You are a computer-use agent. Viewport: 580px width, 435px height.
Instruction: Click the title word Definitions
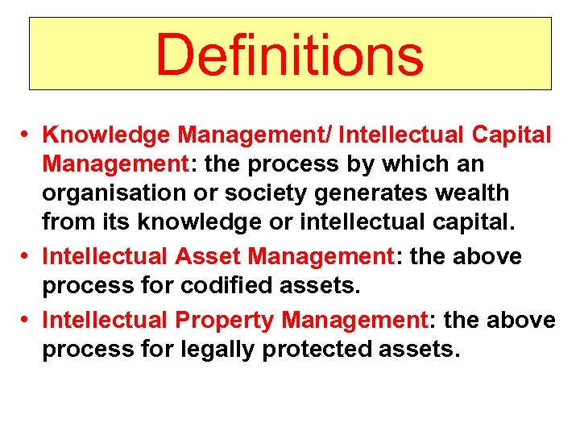click(289, 54)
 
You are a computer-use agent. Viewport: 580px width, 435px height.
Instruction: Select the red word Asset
click(209, 257)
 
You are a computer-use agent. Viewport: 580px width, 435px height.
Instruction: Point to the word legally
click(227, 350)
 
